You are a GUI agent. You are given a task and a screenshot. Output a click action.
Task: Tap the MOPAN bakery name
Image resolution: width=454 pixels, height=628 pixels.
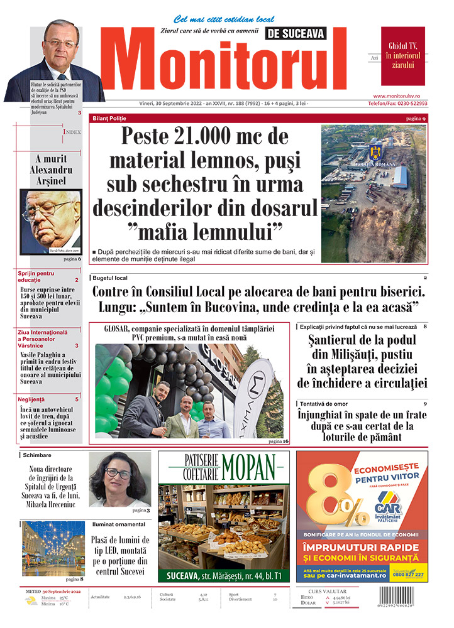coord(248,466)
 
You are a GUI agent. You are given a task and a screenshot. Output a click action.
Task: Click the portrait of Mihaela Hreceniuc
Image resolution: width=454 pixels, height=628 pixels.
coord(119,479)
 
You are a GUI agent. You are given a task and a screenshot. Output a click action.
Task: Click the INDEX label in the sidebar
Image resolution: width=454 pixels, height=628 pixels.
coord(72,132)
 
